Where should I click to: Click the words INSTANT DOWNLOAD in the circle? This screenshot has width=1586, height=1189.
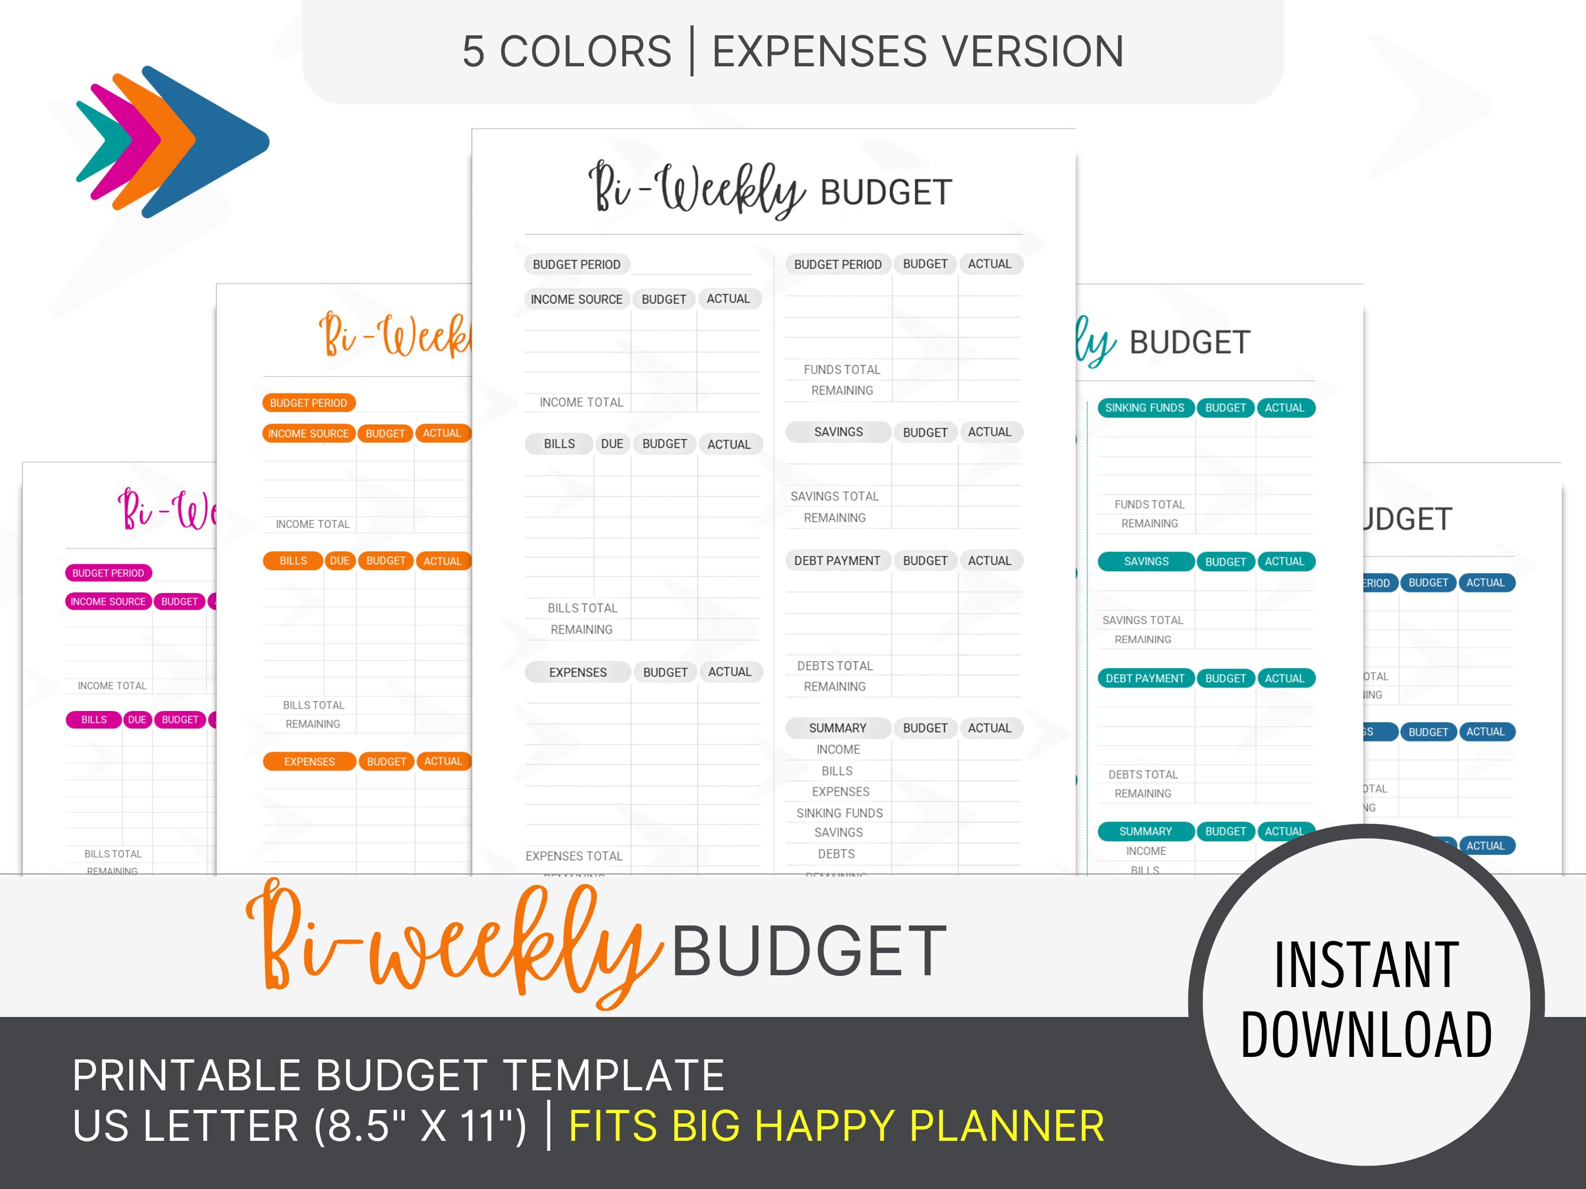(1366, 999)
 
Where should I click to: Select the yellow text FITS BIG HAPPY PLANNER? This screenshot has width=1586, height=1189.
(836, 1125)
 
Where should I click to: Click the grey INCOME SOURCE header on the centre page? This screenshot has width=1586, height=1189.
(576, 299)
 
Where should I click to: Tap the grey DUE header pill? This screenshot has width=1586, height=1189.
(611, 444)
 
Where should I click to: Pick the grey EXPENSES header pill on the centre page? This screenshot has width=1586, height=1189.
(577, 672)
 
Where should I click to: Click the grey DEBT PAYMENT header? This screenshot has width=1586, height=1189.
(836, 561)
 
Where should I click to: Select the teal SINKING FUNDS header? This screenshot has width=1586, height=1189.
(1144, 408)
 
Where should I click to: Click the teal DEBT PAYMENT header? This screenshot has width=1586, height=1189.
(1144, 678)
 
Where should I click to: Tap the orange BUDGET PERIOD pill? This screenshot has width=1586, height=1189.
(308, 403)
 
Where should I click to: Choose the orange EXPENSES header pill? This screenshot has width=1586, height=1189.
(309, 761)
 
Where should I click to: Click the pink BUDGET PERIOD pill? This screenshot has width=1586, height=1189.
(108, 572)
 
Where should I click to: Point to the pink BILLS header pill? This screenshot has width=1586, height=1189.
(94, 719)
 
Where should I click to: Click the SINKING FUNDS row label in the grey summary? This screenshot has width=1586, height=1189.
(839, 813)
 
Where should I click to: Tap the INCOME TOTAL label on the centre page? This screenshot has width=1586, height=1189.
(581, 402)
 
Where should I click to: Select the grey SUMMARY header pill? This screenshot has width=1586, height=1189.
(838, 728)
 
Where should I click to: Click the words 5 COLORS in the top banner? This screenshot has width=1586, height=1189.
(566, 52)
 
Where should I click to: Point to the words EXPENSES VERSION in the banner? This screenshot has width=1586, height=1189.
(918, 52)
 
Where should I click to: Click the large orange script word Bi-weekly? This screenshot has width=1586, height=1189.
(452, 946)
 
